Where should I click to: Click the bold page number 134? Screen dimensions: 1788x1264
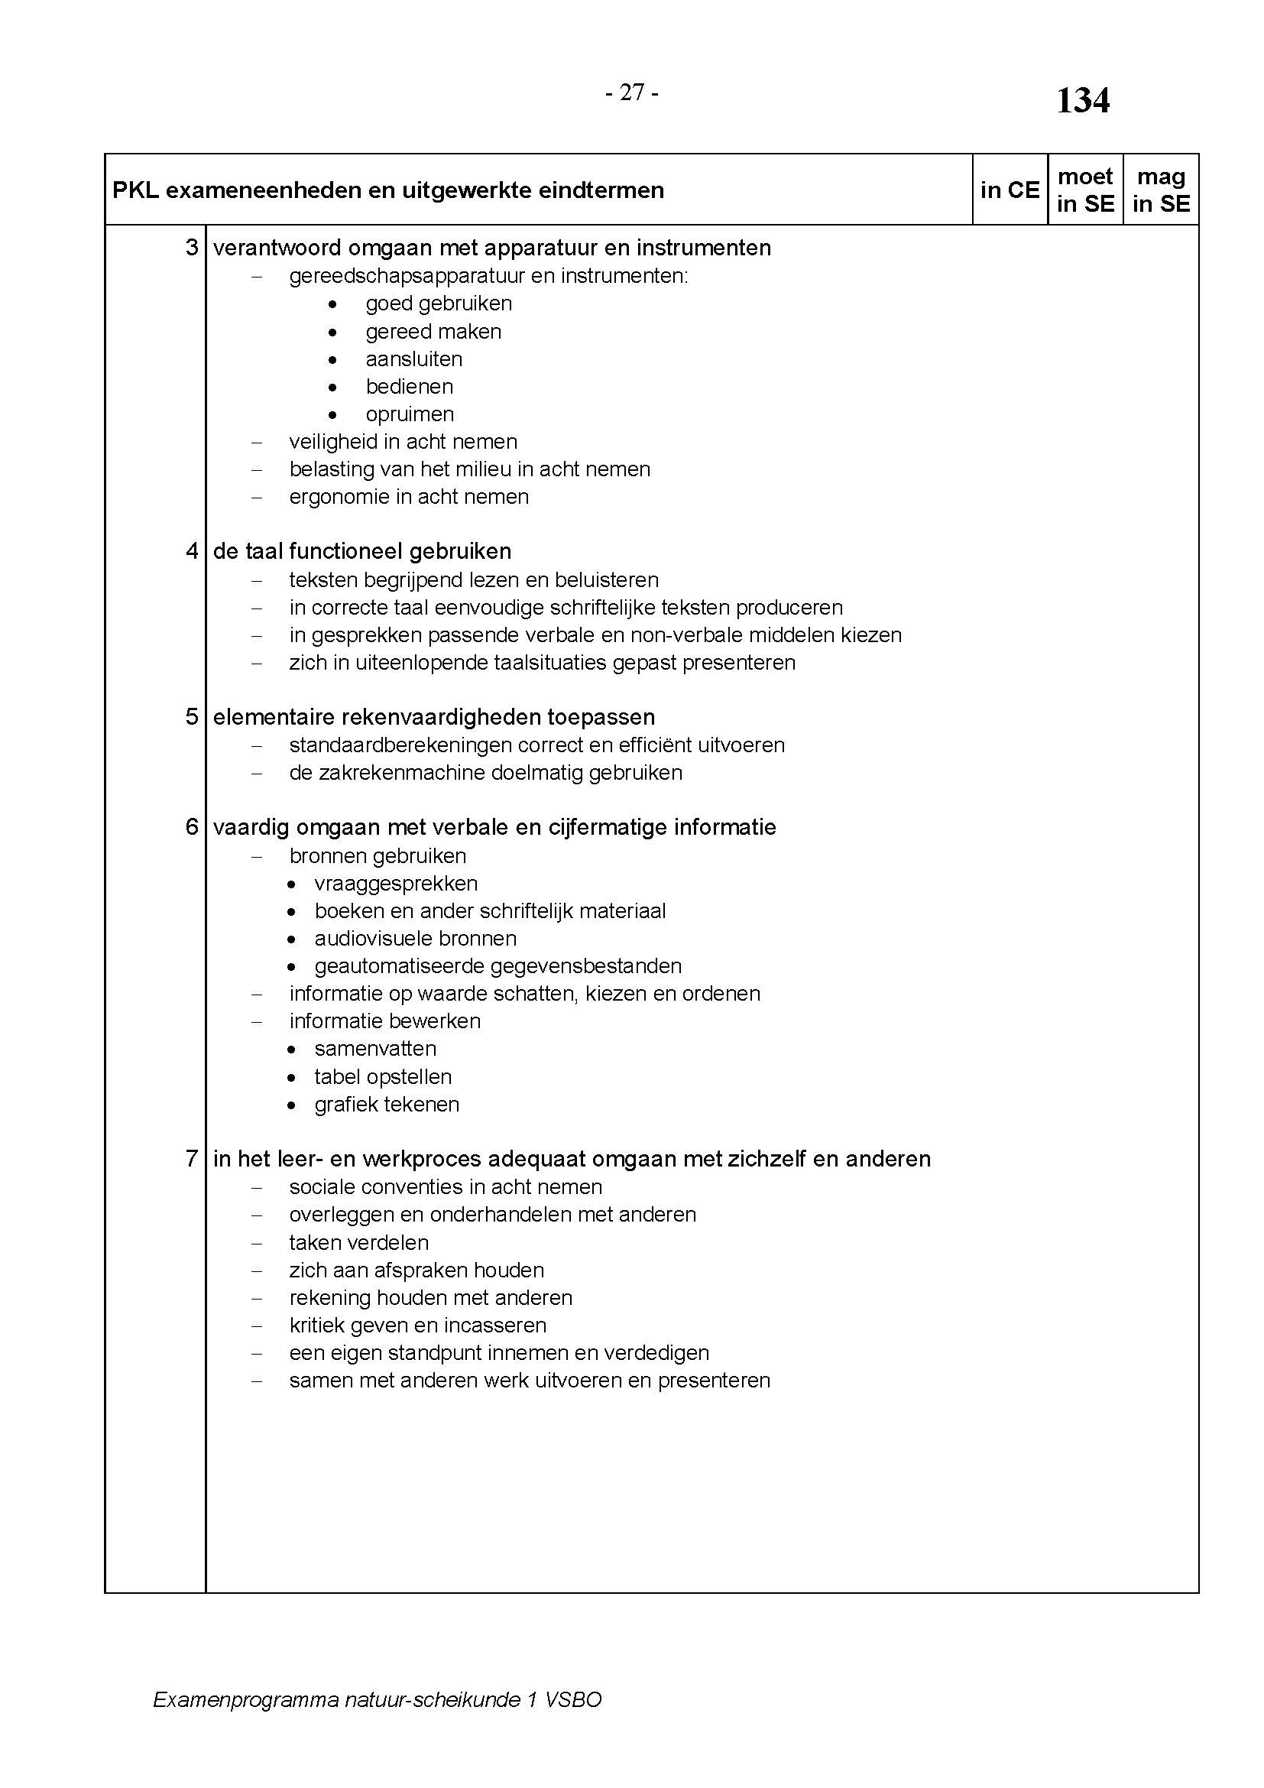[1082, 101]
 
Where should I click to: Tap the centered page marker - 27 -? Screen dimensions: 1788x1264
[632, 92]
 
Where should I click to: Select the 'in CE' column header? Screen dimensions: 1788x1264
[1010, 190]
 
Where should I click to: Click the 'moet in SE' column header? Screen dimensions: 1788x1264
[1085, 190]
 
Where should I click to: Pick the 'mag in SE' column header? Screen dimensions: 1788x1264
[1161, 190]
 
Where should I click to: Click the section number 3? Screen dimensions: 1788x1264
[193, 248]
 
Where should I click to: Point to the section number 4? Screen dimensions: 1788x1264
[193, 551]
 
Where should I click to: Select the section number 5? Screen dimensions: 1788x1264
[193, 716]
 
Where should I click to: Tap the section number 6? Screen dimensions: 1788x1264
[193, 827]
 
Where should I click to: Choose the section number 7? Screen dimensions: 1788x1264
[193, 1159]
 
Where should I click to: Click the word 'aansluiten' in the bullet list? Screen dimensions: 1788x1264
[414, 359]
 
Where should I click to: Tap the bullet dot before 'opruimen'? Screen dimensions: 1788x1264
[333, 414]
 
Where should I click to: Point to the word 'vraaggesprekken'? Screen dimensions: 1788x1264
[396, 883]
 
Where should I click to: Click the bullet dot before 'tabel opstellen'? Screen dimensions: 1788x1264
[291, 1078]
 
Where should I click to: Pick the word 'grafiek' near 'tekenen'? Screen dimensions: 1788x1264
[344, 1105]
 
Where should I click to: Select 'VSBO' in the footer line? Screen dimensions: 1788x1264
[573, 1699]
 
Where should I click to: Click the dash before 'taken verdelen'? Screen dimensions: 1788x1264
[258, 1243]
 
